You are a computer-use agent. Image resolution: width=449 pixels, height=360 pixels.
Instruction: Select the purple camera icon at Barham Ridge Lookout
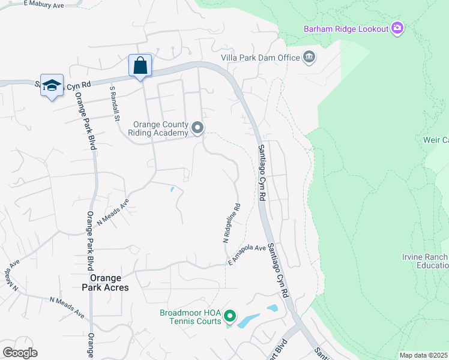(396, 28)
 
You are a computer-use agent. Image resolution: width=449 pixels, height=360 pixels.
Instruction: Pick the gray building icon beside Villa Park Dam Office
(309, 58)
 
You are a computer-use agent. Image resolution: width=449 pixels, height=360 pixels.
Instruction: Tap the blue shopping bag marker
(140, 65)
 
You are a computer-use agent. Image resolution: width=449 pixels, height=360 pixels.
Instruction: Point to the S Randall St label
(113, 102)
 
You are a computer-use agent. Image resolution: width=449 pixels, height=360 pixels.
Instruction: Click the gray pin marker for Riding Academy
(197, 128)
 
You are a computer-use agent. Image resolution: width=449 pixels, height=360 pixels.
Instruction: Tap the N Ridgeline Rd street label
(231, 223)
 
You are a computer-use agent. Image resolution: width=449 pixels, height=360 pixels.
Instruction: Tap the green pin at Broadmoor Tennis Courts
(229, 316)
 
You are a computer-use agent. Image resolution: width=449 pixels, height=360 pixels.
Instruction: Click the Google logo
(20, 353)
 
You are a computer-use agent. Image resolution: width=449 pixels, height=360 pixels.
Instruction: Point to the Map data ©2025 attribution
(423, 355)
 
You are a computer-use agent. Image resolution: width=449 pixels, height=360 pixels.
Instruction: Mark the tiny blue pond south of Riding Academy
(172, 190)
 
